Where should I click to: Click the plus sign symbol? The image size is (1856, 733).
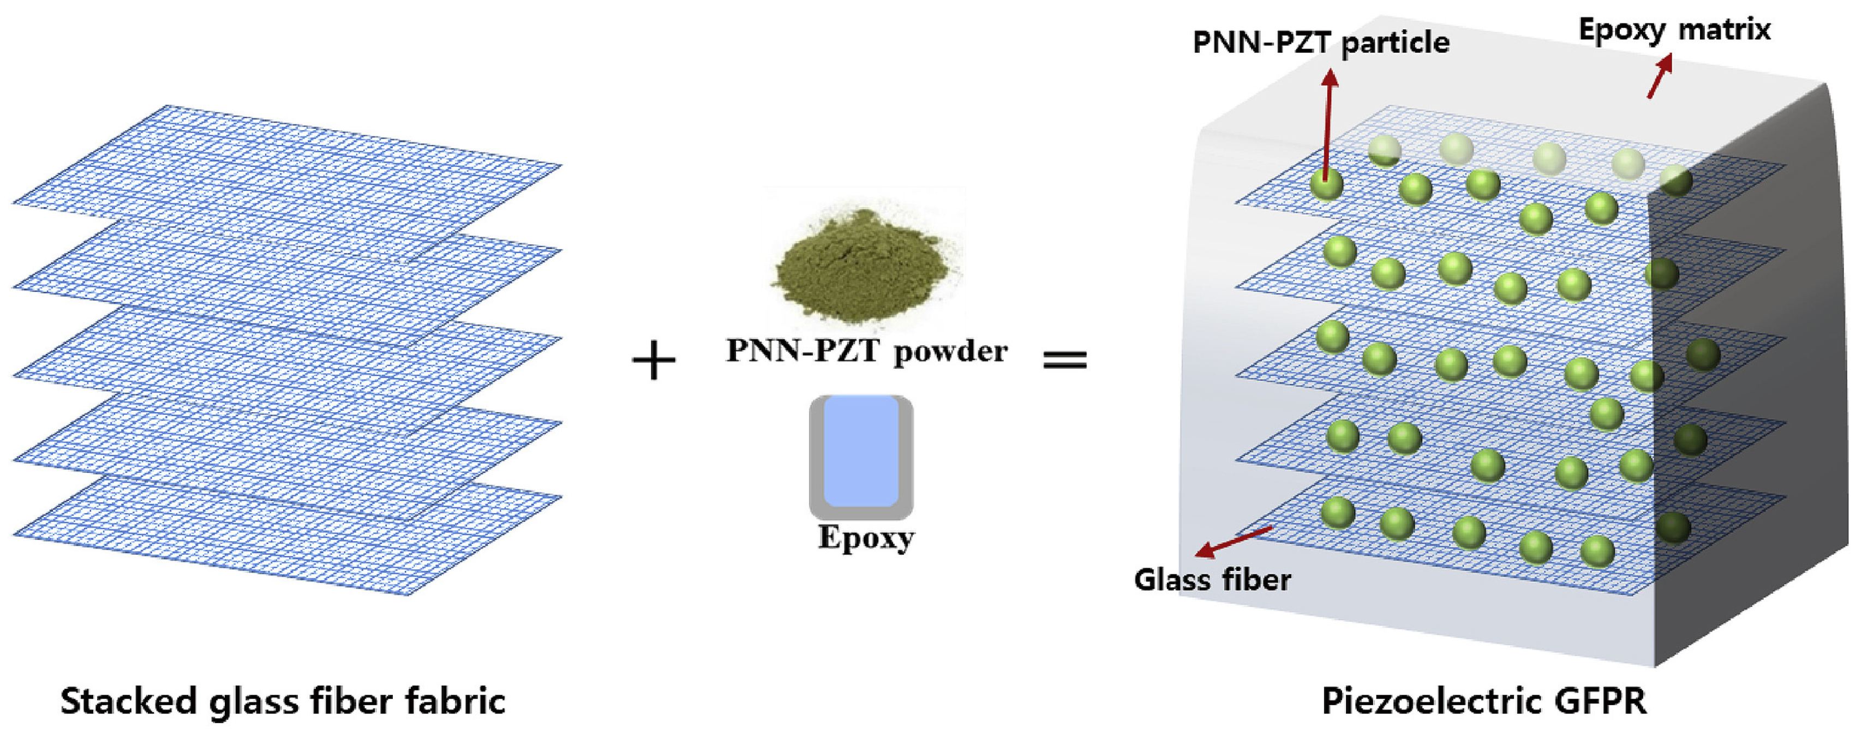coord(654,361)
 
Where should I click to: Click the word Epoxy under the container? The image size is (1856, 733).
coord(866,538)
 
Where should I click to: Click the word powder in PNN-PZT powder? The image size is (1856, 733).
coord(950,351)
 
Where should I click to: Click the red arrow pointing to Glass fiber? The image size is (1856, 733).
coord(1234,542)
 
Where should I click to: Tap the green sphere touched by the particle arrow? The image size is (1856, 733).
coord(1326,184)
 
